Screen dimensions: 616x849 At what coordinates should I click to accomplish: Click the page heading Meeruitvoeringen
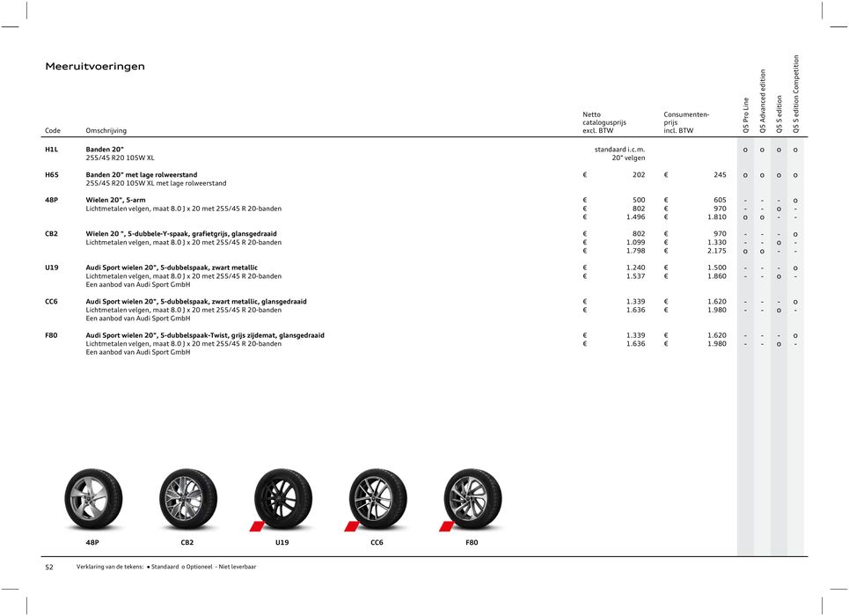pos(95,67)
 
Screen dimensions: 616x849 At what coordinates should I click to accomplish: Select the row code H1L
pos(52,150)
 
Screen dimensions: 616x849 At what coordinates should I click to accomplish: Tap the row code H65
pos(52,175)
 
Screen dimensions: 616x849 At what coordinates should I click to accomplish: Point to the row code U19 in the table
pos(52,268)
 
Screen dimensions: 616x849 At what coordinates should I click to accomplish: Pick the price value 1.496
pos(633,217)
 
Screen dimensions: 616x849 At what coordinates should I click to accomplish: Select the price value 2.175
pos(716,252)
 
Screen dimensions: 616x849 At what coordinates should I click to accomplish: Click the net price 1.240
pos(633,268)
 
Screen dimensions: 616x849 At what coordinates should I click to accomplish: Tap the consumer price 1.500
pos(716,268)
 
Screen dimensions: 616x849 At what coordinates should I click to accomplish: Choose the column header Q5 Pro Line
pos(746,114)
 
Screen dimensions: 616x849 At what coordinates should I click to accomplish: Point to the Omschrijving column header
pos(106,131)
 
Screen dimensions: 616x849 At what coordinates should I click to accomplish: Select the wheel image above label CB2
pos(188,498)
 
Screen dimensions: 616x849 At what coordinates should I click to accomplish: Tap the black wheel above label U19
pos(282,498)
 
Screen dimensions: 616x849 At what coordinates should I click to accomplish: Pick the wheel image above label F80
pos(472,498)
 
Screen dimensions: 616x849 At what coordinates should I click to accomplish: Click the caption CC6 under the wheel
pos(377,543)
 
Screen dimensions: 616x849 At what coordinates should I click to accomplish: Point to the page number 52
pos(49,568)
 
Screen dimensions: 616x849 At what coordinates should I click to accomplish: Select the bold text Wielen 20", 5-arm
pos(115,201)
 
